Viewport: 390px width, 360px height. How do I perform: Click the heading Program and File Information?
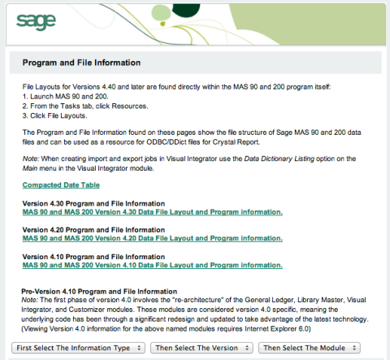pyautogui.click(x=81, y=63)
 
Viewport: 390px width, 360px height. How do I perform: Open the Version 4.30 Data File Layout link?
pyautogui.click(x=152, y=212)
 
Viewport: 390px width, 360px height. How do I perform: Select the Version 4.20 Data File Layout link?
pyautogui.click(x=152, y=238)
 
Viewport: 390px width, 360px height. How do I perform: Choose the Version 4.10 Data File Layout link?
pyautogui.click(x=152, y=265)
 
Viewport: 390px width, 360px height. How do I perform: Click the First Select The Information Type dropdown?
pyautogui.click(x=79, y=347)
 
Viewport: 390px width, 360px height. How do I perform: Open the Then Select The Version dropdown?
pyautogui.click(x=201, y=347)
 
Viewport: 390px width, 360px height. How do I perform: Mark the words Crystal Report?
pyautogui.click(x=269, y=141)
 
